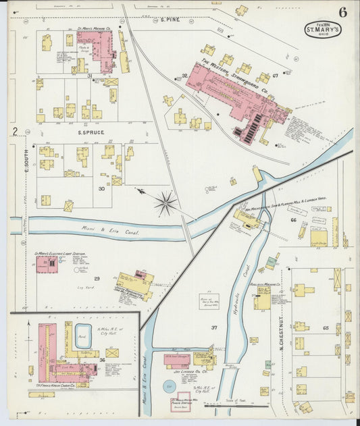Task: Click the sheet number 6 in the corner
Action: (343, 13)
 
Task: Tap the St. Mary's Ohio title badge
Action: (323, 30)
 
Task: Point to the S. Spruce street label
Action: (80, 134)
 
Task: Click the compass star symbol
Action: (165, 203)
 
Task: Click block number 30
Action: (101, 188)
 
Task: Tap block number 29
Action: (97, 278)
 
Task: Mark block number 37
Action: (214, 327)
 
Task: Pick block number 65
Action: (325, 327)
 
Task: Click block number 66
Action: (293, 220)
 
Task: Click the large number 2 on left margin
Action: (14, 131)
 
